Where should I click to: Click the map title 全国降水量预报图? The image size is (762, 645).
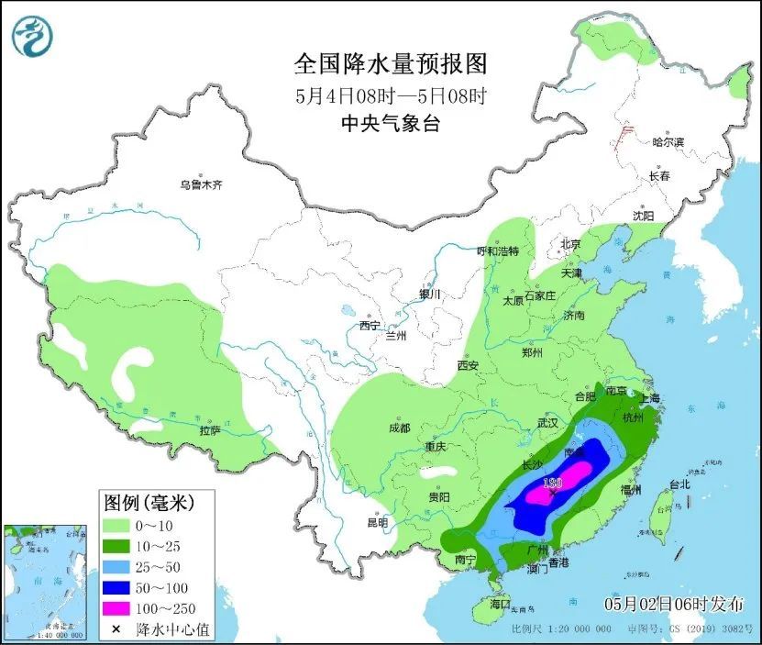click(x=389, y=64)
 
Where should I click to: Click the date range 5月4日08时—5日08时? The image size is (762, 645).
click(x=389, y=95)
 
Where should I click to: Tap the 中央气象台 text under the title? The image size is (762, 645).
click(x=389, y=124)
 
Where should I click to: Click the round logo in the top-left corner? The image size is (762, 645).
click(x=32, y=37)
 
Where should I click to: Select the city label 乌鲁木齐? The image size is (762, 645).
click(x=201, y=184)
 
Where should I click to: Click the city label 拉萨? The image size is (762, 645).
click(x=209, y=430)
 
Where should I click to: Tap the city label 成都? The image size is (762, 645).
click(x=399, y=428)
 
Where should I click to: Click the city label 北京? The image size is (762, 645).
click(x=570, y=244)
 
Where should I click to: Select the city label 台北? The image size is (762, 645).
click(x=679, y=484)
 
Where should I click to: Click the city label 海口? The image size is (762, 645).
click(x=500, y=606)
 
